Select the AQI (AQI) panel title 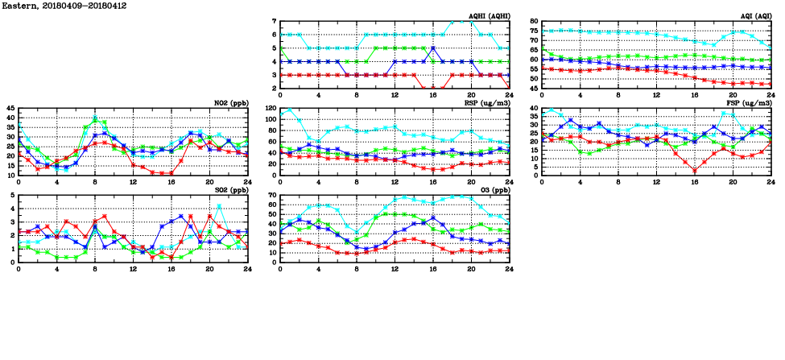click(755, 16)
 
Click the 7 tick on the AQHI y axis click(275, 22)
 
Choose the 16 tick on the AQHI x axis click(433, 96)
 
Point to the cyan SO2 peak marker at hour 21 click(220, 207)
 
